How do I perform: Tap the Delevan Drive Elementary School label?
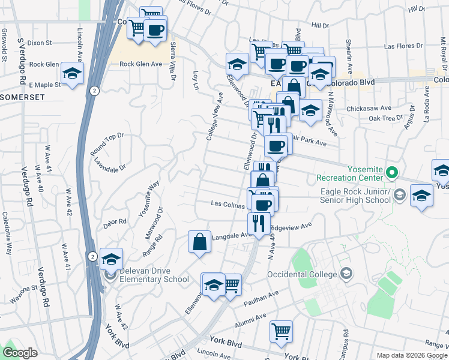(x=154, y=278)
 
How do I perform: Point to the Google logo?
(x=20, y=352)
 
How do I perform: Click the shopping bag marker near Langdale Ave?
(x=200, y=242)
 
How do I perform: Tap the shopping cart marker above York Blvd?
(x=281, y=331)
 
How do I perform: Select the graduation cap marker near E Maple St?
(x=73, y=74)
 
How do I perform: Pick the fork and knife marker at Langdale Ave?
(x=259, y=224)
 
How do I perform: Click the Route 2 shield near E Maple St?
(x=94, y=90)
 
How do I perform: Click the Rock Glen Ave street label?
(x=141, y=64)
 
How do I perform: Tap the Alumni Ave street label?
(x=252, y=319)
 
